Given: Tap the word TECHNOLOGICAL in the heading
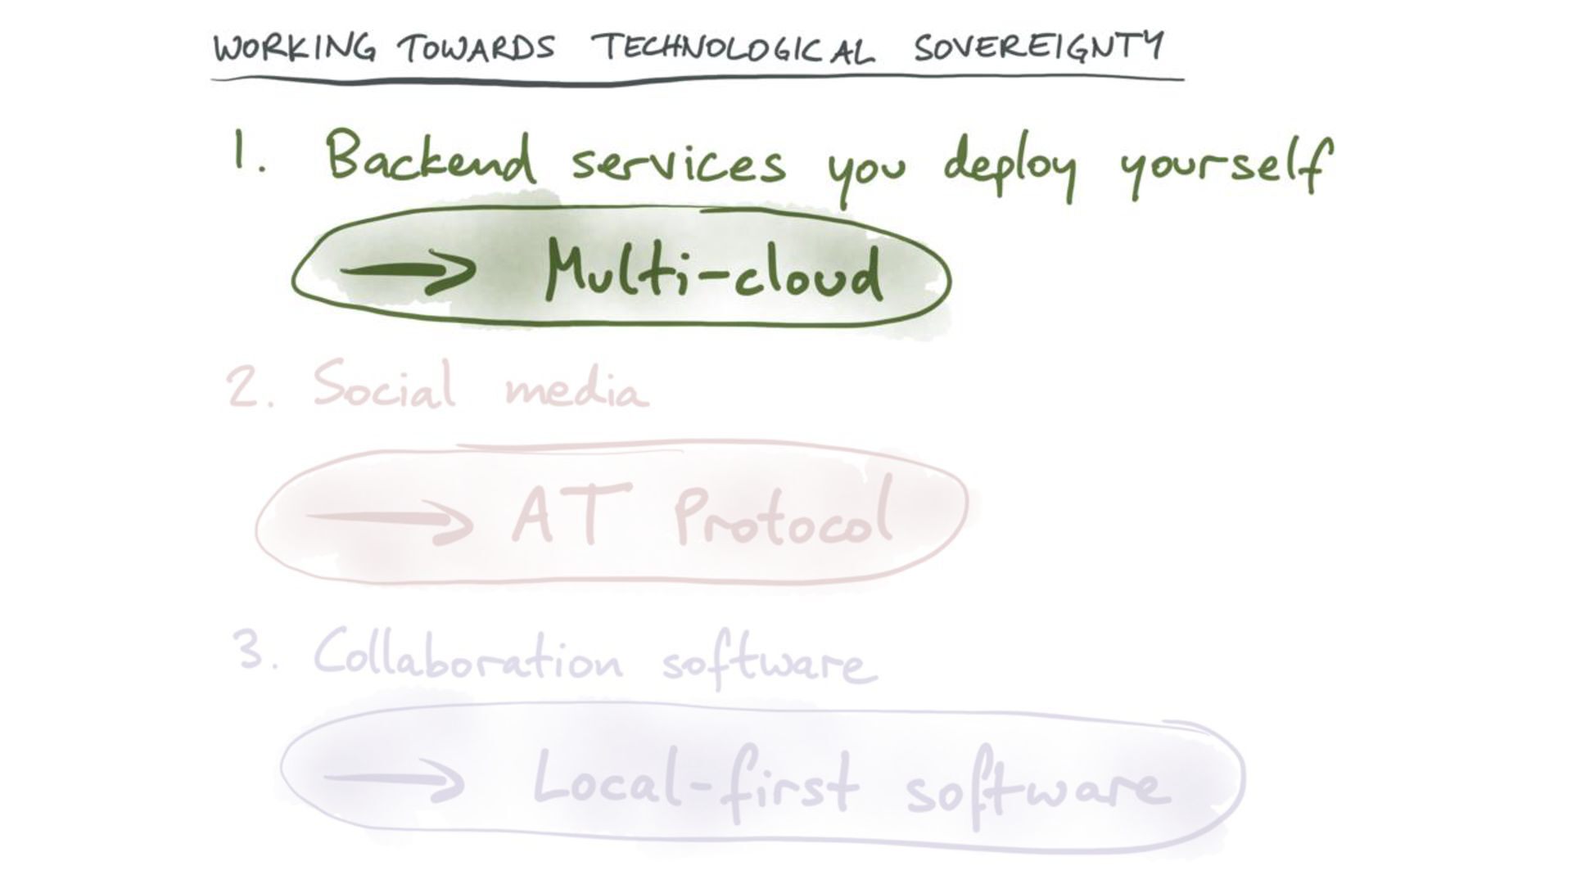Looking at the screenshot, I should tap(734, 49).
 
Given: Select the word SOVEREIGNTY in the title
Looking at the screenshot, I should tap(1038, 47).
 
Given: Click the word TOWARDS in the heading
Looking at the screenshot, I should tap(477, 48).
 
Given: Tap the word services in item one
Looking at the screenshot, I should tap(678, 164).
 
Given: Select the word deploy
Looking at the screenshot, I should tap(1010, 166).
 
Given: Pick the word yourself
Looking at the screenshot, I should tap(1225, 168).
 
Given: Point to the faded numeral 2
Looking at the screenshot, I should tap(244, 387).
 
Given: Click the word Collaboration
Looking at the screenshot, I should tap(468, 657).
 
